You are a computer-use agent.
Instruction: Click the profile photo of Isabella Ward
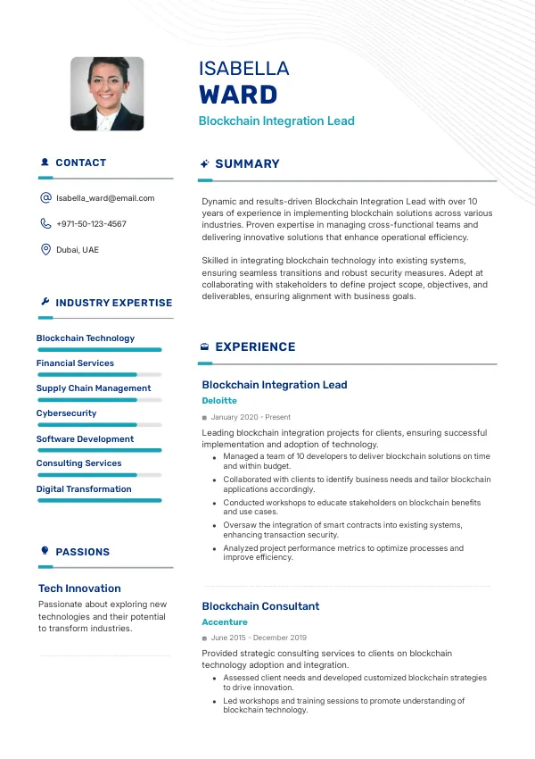coord(107,94)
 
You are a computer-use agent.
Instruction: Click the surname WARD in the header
coord(238,95)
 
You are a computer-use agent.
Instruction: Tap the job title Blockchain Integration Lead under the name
coord(276,121)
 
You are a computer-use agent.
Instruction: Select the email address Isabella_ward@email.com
coord(105,198)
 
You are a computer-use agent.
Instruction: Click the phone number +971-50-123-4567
coord(91,224)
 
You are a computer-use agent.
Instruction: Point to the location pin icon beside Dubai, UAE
coord(45,250)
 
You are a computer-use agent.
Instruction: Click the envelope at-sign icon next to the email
coord(45,198)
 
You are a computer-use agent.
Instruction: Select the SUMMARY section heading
coord(247,164)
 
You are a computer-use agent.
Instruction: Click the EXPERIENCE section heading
coord(255,347)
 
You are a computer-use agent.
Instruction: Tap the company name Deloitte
coord(219,401)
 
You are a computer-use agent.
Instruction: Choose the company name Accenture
coord(225,622)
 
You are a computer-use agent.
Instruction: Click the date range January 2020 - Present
coord(251,417)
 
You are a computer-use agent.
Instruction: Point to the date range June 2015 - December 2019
coord(259,638)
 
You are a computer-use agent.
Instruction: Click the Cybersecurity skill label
coord(66,413)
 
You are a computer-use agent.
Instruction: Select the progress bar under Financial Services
coord(99,374)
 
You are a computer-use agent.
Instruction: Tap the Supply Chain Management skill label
coord(94,388)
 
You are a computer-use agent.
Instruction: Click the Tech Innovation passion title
coord(79,588)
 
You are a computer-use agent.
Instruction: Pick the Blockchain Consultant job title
coord(260,606)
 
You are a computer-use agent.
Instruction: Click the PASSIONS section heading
coord(82,552)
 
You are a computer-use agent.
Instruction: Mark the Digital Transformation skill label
coord(84,489)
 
